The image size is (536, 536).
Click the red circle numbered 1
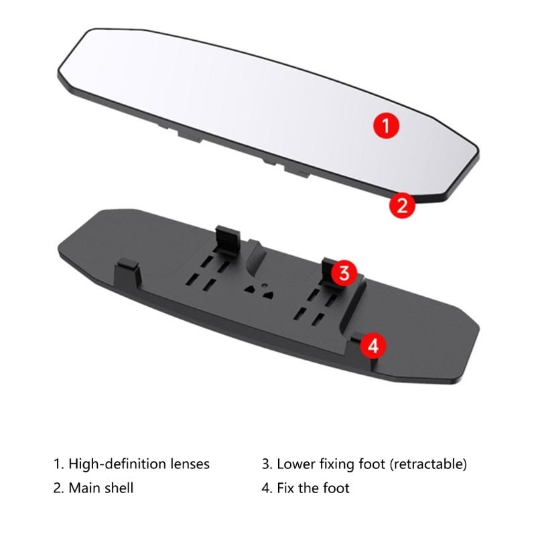387,124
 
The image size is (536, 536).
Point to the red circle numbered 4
374,346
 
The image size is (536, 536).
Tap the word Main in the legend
84,488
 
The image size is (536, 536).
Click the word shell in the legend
119,488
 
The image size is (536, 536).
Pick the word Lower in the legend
295,464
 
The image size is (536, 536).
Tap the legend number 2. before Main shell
58,488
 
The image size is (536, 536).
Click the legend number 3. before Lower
267,464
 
